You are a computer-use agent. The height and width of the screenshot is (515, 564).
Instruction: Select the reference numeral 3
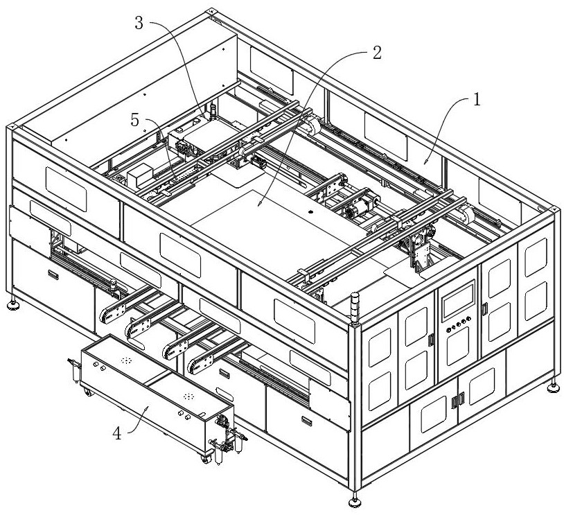[139, 23]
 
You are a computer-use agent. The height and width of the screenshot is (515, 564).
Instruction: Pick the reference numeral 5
[136, 121]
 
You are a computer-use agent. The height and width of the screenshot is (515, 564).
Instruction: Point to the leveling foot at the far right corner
[554, 387]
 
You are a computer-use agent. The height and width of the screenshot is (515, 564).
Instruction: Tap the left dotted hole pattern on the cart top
[126, 360]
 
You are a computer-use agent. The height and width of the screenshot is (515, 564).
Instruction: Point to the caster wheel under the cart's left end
[87, 393]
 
